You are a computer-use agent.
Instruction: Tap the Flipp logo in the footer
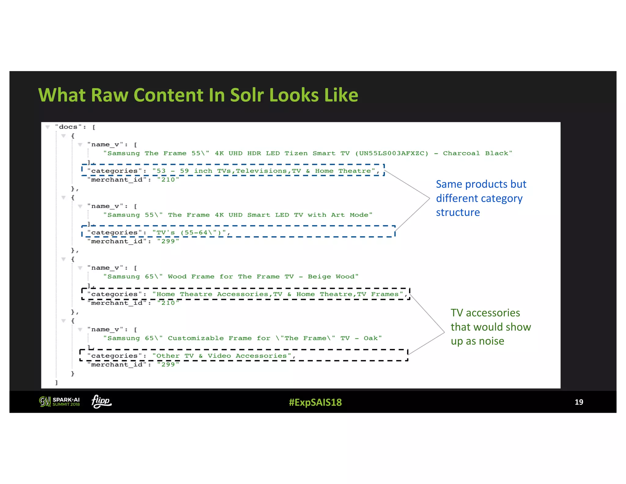(101, 401)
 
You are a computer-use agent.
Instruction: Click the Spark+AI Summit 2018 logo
(60, 402)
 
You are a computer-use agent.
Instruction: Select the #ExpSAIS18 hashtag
(315, 402)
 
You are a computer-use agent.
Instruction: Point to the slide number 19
(579, 402)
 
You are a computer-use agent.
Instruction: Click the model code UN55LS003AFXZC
(392, 153)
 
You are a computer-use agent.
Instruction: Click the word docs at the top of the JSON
(68, 127)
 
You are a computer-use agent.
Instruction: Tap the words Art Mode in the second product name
(352, 215)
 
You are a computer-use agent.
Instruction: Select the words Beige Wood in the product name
(333, 277)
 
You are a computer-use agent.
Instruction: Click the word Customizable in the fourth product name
(196, 338)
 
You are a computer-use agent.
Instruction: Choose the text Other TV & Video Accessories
(222, 356)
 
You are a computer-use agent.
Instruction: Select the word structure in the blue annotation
(458, 212)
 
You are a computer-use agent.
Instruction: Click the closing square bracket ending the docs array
(57, 382)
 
